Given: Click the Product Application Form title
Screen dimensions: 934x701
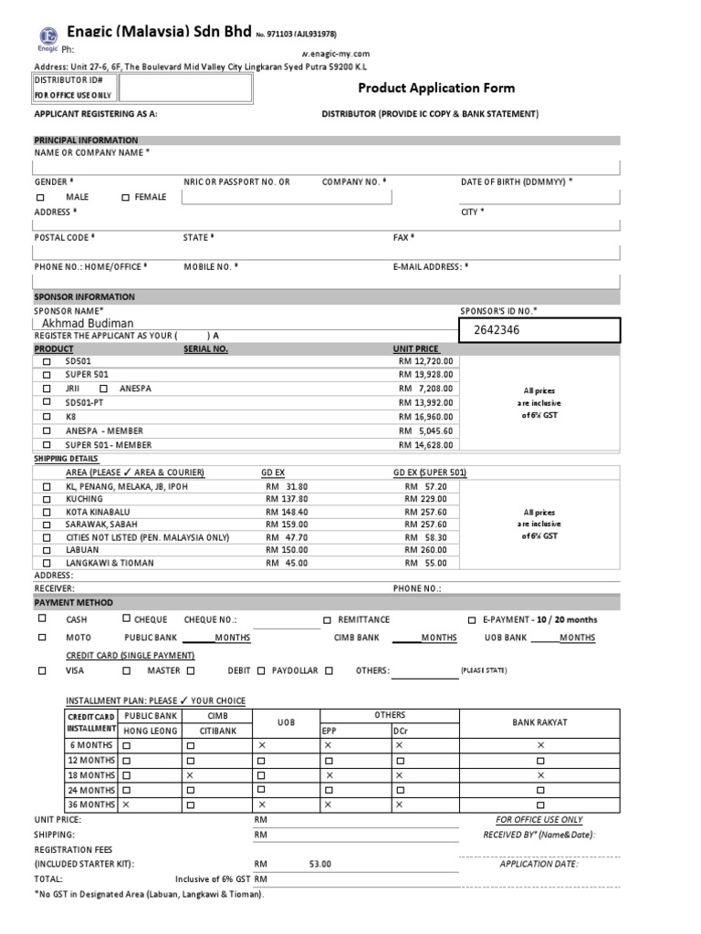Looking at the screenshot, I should pyautogui.click(x=435, y=88).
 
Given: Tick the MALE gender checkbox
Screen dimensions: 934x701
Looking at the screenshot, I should pyautogui.click(x=40, y=197).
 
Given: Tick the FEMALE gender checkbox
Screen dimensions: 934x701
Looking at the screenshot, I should pyautogui.click(x=125, y=197).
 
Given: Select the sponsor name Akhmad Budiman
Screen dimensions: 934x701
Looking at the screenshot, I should pyautogui.click(x=88, y=323).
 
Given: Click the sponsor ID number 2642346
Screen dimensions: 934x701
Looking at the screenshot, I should pyautogui.click(x=497, y=329).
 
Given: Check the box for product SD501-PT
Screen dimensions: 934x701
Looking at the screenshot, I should pyautogui.click(x=47, y=402).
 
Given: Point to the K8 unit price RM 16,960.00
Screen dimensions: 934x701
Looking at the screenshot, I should pyautogui.click(x=425, y=416).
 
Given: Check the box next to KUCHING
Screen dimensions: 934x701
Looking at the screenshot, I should pyautogui.click(x=47, y=500).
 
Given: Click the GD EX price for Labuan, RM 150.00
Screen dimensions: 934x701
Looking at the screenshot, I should pyautogui.click(x=287, y=550).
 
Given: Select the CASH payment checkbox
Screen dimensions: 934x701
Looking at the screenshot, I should pyautogui.click(x=40, y=618).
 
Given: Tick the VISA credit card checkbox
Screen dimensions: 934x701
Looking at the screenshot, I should pyautogui.click(x=40, y=670).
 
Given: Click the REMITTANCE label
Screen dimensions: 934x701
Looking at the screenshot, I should pyautogui.click(x=363, y=619).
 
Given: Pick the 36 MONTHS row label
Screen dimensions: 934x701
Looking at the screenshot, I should pyautogui.click(x=90, y=804).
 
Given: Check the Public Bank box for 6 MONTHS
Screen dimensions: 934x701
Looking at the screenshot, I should pyautogui.click(x=127, y=745).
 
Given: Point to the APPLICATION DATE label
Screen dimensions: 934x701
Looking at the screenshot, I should pyautogui.click(x=539, y=864).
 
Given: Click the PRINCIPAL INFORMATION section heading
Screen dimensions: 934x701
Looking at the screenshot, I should pyautogui.click(x=86, y=140).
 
